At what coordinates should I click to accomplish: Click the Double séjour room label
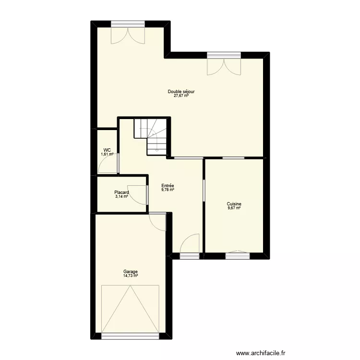pos(180,91)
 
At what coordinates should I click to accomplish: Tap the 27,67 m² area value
pos(180,96)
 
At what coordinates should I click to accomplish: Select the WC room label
pos(107,150)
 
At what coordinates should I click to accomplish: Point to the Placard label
pos(121,192)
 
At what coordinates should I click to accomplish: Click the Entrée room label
pos(168,186)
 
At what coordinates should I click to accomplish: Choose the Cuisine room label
pos(234,204)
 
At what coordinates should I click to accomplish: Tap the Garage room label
pos(130,271)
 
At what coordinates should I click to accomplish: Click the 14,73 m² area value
pos(130,276)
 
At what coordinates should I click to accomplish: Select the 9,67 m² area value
pos(234,208)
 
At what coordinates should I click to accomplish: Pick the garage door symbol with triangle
pos(130,309)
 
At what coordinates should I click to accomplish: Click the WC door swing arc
pos(107,165)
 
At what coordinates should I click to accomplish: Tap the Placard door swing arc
pos(138,194)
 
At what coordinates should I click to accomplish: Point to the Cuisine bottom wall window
pos(238,255)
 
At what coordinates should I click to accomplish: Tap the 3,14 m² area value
pos(121,196)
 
